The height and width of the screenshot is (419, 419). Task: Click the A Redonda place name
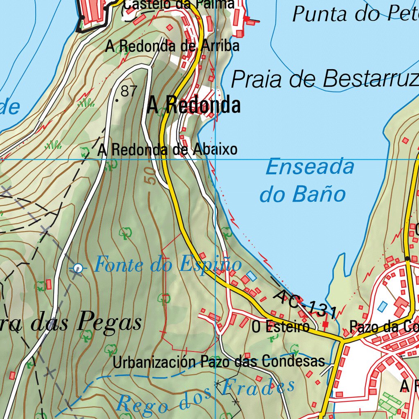coord(194,106)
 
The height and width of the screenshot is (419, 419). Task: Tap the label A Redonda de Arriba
coord(172,46)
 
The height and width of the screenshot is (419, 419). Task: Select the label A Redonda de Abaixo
coord(167,149)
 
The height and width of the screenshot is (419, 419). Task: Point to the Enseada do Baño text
coord(306,181)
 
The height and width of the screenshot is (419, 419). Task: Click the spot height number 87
coord(129,91)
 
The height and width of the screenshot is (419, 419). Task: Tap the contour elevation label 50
coord(151,176)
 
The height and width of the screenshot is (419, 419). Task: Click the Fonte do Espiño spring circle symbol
coord(78,268)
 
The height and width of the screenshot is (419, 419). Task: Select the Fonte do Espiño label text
coord(168,265)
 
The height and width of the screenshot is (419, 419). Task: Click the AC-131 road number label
coord(305,305)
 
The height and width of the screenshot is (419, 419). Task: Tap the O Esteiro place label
coord(281,327)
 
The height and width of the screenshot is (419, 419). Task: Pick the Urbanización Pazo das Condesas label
coord(219,362)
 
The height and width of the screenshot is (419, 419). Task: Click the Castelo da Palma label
coord(179,5)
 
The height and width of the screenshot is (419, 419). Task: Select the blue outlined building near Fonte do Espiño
coord(251,276)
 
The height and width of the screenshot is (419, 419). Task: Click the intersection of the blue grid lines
coord(216,159)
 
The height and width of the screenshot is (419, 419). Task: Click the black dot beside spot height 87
coord(117,100)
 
